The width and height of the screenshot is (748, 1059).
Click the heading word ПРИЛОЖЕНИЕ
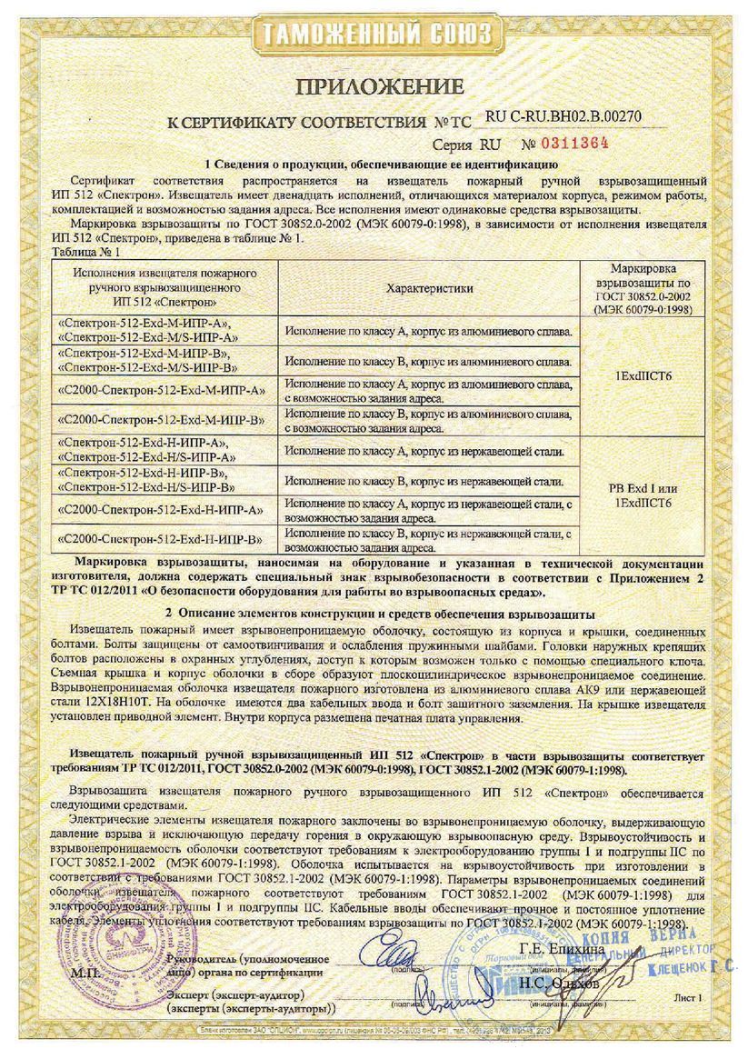point(378,87)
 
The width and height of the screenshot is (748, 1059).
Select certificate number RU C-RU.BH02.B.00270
point(563,117)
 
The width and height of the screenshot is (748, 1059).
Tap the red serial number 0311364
point(574,143)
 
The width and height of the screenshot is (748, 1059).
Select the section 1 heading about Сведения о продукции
point(374,165)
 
